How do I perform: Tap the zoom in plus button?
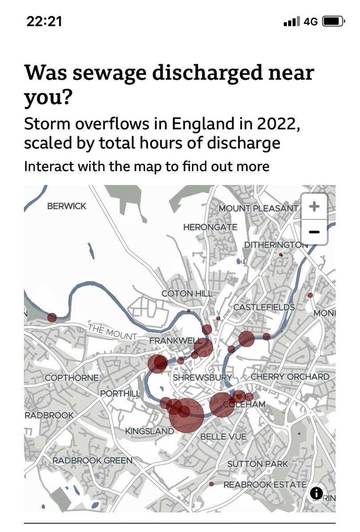[314, 206]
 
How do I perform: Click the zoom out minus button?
[314, 232]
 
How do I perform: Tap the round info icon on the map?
[317, 493]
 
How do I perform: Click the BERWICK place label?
[67, 206]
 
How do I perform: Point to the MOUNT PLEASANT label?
[258, 208]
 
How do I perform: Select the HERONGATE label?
[210, 227]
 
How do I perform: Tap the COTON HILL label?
[187, 293]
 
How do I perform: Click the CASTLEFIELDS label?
[264, 307]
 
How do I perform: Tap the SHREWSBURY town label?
[203, 378]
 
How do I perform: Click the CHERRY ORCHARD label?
[290, 376]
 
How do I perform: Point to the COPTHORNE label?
[72, 378]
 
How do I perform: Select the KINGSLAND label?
[149, 431]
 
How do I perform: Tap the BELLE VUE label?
[223, 437]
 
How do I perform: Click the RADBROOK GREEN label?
[93, 461]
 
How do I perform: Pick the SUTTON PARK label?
[258, 464]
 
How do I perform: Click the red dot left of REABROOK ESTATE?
[211, 484]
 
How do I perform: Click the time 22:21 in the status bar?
[44, 21]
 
